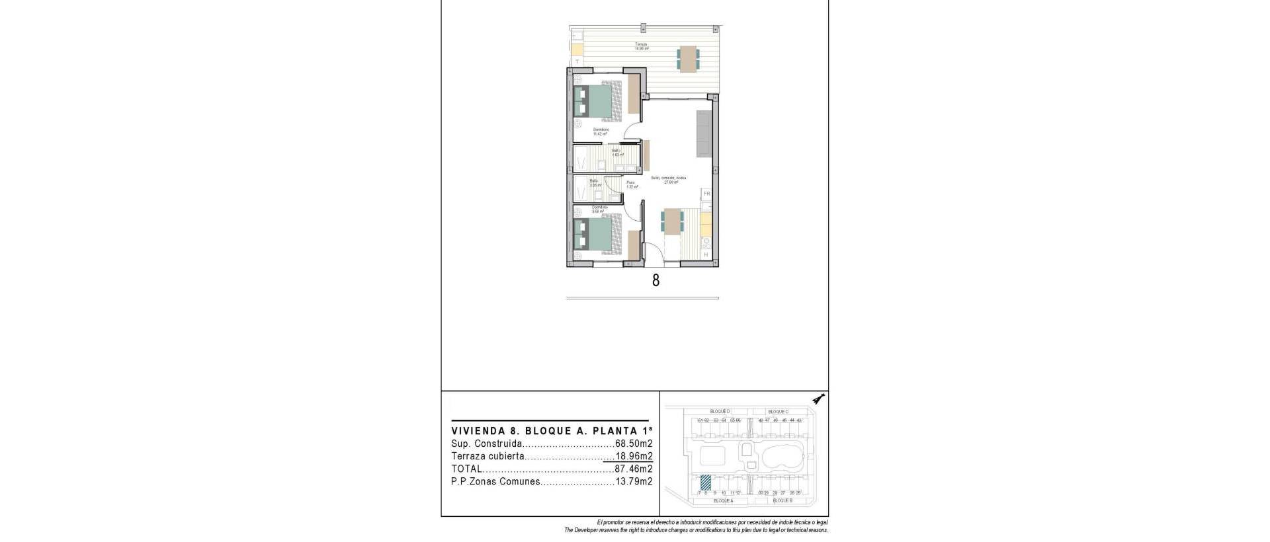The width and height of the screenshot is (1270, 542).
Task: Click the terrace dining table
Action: pos(687,59)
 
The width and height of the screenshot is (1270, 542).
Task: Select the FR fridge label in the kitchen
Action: pos(706,194)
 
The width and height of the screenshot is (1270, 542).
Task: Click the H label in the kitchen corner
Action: pos(706,254)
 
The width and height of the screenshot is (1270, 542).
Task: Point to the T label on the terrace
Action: pos(577,61)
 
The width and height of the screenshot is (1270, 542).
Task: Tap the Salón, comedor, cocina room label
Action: pos(668,178)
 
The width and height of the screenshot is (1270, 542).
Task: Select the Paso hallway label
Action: pos(631,183)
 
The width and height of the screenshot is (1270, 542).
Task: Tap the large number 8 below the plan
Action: pos(656,280)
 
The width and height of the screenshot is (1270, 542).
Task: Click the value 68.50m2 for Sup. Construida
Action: pos(634,444)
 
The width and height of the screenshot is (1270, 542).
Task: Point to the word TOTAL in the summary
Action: pos(466,469)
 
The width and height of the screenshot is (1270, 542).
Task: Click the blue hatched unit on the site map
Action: pos(706,483)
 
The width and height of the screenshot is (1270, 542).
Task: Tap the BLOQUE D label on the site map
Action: pos(720,412)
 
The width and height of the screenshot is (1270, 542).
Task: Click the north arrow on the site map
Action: pos(820,399)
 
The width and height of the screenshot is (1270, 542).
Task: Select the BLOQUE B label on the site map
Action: pos(782,501)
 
